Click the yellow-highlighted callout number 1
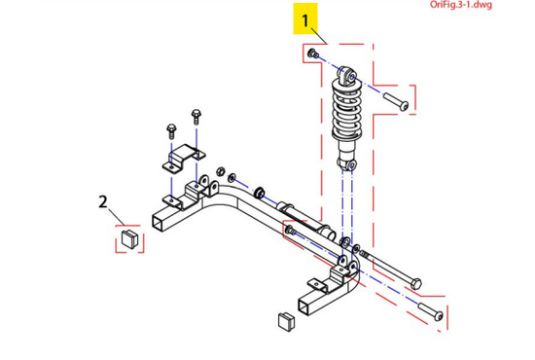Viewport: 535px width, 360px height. click(305, 20)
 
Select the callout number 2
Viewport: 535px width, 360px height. click(103, 202)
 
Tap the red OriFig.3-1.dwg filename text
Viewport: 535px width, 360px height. click(461, 5)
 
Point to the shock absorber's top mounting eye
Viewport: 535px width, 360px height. click(348, 75)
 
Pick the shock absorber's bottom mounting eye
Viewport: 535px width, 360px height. click(347, 164)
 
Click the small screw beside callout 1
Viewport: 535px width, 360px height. click(313, 54)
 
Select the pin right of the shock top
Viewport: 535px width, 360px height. click(396, 102)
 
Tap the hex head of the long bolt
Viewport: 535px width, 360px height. click(416, 283)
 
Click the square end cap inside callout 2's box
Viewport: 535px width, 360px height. click(129, 237)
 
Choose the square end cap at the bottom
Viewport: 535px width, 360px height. click(287, 321)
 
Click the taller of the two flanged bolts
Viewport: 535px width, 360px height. click(196, 117)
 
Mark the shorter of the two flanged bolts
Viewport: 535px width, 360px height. click(171, 131)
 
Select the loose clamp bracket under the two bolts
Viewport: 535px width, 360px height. click(184, 158)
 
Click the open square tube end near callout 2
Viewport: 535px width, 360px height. click(160, 223)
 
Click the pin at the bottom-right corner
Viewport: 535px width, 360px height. click(431, 311)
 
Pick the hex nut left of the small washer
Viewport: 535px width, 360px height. click(221, 171)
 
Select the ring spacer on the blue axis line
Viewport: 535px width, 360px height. click(260, 194)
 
